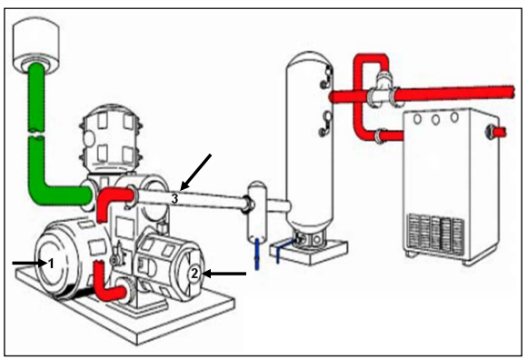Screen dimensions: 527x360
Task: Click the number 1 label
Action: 51,264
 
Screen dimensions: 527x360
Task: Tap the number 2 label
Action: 194,274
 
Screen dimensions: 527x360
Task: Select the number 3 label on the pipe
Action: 174,199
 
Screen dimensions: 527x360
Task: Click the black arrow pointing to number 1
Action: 30,264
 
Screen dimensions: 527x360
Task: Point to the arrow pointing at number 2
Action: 224,274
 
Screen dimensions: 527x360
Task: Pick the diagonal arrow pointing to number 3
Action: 196,172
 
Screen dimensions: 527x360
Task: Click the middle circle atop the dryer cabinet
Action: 435,119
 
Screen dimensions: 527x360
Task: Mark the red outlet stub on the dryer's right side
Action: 500,132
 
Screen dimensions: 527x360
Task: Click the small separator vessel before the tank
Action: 257,212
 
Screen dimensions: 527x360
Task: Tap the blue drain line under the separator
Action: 257,254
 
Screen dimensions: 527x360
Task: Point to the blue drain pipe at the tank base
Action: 285,249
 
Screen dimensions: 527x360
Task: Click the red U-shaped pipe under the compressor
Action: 107,284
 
